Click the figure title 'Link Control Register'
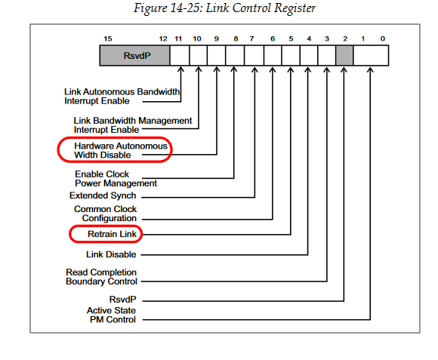[x=261, y=8]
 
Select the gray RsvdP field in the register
[x=134, y=56]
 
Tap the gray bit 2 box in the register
[x=344, y=56]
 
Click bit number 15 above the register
[x=108, y=38]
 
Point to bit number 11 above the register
[x=178, y=38]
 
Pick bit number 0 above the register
[x=383, y=38]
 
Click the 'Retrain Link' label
[x=112, y=234]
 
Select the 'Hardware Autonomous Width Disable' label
[x=121, y=150]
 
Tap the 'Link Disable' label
[x=111, y=254]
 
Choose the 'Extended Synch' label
[x=103, y=195]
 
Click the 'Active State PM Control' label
[x=112, y=315]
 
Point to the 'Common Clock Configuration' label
[x=105, y=214]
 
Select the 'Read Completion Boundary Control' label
[x=101, y=277]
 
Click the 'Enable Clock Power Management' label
[x=116, y=179]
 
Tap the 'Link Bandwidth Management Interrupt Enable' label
[x=133, y=125]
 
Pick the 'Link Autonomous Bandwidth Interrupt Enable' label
[x=122, y=97]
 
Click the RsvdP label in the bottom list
[x=122, y=300]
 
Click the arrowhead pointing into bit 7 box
[x=254, y=69]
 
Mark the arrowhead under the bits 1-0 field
[x=370, y=69]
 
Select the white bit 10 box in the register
[x=198, y=56]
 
